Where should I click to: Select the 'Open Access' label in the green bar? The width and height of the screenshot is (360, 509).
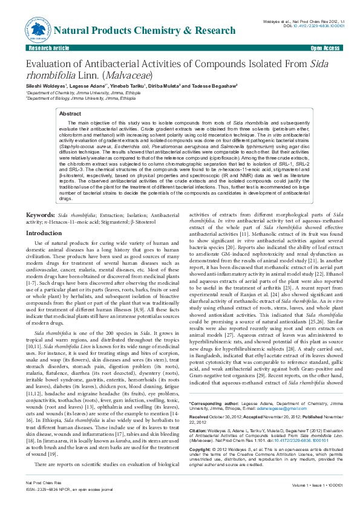coord(325,47)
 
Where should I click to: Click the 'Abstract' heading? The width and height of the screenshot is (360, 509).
coord(70,114)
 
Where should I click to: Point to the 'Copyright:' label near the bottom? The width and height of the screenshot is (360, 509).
coord(201,433)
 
